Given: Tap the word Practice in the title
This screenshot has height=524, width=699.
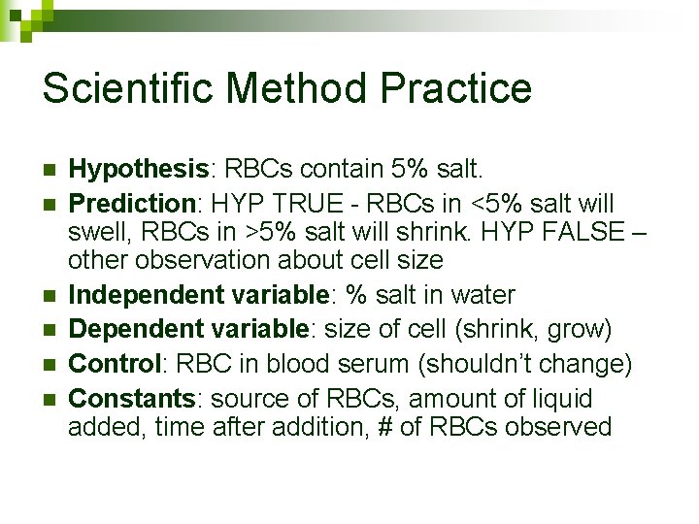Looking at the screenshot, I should pyautogui.click(x=456, y=88).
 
